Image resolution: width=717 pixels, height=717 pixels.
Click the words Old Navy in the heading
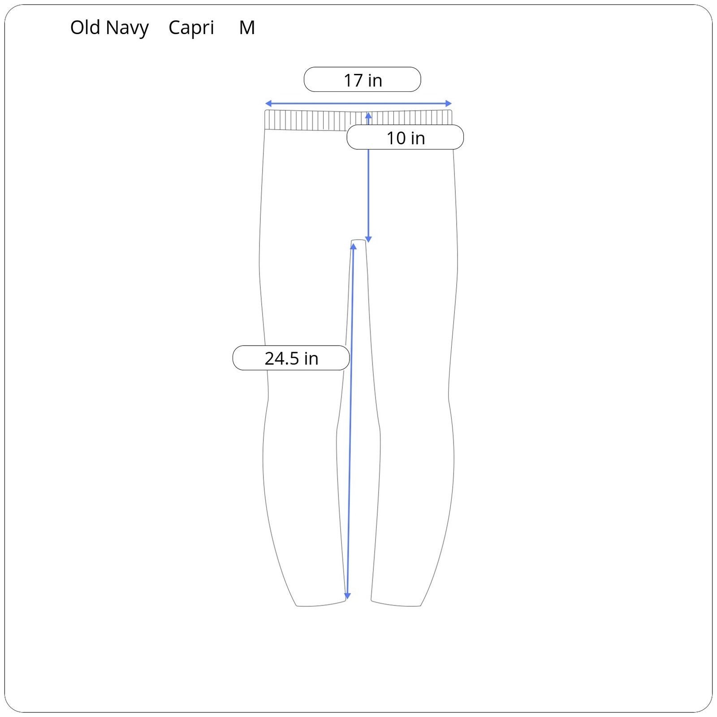109,28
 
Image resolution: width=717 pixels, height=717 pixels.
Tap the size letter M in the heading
247,28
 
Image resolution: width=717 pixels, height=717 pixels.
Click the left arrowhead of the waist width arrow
268,104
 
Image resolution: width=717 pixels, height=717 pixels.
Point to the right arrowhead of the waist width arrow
449,104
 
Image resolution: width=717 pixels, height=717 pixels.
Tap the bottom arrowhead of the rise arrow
368,239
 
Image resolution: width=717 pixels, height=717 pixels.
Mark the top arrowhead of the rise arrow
368,116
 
